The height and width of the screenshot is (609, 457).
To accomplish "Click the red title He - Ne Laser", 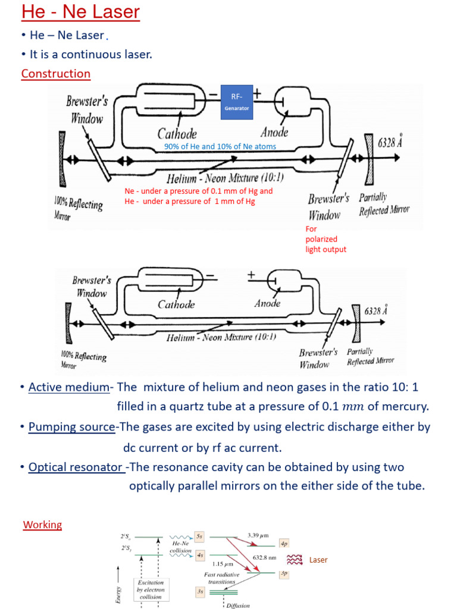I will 80,12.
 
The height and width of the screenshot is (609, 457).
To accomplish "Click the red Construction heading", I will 55,74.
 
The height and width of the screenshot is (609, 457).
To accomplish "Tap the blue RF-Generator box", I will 237,102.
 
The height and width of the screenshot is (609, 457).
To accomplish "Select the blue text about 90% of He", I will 220,146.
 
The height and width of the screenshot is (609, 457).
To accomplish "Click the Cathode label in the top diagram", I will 177,133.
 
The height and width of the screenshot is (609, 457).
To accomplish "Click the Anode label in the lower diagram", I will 267,303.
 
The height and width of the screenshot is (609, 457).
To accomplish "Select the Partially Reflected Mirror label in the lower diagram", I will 370,356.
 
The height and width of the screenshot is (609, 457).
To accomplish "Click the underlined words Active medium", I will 69,387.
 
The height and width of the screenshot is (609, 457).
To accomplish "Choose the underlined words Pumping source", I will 71,427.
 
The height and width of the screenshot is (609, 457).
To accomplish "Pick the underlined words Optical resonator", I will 76,467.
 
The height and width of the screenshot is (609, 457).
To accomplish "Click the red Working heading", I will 42,525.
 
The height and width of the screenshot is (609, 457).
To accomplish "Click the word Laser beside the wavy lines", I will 318,560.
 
